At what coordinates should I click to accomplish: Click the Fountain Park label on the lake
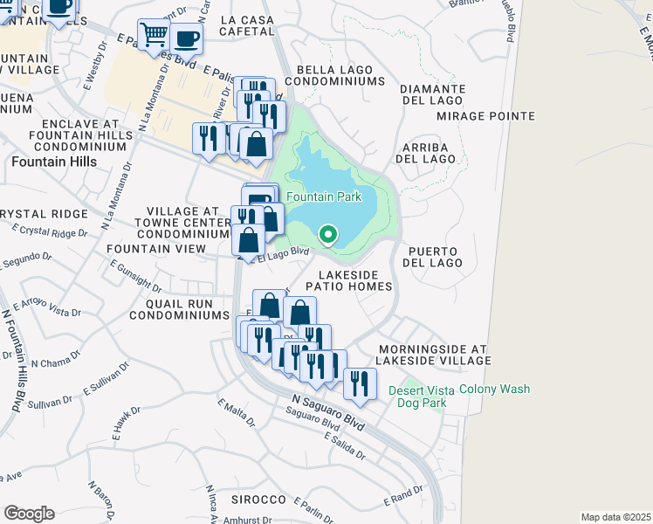point(325,197)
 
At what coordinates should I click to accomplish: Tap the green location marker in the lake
point(328,234)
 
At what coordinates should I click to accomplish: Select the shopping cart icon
point(154,36)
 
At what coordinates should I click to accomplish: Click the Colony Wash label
point(494,389)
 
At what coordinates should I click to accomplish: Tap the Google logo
point(29,514)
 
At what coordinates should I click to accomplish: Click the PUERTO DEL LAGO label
point(433,256)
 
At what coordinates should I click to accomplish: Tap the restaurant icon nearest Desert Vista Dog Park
point(359,383)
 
